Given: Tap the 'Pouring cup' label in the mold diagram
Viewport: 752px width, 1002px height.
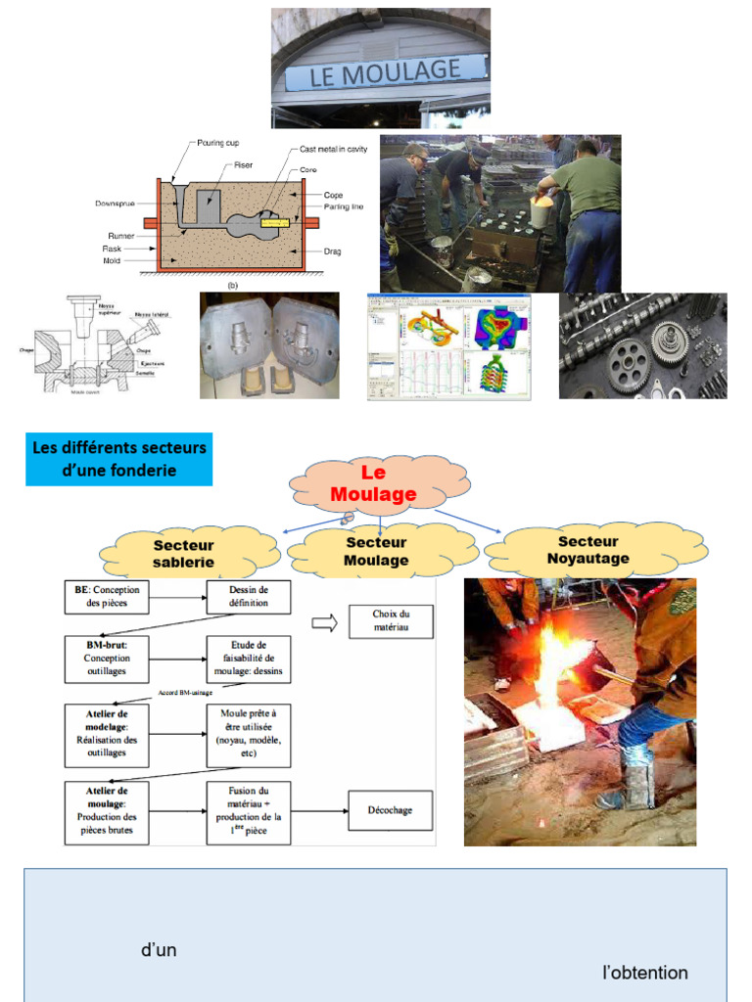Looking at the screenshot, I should (218, 143).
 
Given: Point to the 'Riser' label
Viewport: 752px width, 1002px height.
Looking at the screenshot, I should (244, 165).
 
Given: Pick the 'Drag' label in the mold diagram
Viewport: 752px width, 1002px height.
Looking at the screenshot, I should (333, 251).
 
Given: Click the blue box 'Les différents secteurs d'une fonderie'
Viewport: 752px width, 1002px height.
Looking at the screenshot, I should (118, 459).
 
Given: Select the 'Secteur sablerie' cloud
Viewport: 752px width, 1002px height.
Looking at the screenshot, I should (183, 554).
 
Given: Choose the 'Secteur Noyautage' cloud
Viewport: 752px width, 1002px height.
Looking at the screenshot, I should (587, 550).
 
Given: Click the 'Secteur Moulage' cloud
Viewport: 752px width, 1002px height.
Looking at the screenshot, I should (376, 552).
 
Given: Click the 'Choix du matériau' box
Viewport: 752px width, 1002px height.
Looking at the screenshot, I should (391, 621).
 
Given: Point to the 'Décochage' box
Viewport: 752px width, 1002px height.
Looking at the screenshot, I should (390, 810).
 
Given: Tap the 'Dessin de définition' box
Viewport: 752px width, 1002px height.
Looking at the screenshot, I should (249, 597).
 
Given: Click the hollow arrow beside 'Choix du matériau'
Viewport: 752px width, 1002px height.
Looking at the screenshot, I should (323, 622).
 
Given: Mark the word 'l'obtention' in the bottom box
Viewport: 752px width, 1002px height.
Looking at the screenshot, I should (645, 973).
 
